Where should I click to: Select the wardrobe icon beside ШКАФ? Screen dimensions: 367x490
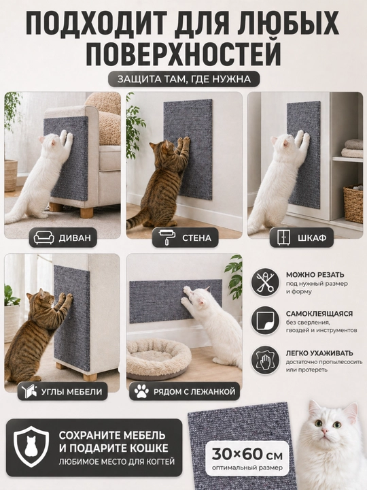[x=283, y=238]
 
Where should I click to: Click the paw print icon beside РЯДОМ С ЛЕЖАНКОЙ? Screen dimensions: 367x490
[x=141, y=391]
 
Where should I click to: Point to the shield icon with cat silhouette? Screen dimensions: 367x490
[x=31, y=447]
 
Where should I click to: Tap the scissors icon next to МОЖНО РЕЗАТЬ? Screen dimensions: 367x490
[x=265, y=282]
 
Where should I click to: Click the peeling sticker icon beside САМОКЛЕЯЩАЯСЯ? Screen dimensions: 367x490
[x=265, y=321]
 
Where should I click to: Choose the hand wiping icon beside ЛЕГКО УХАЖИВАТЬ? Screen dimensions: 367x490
[x=265, y=360]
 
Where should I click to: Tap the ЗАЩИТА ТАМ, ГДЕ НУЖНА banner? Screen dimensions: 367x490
[x=183, y=79]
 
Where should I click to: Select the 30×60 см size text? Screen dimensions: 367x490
[x=247, y=454]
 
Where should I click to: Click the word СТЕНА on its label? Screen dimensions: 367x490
[x=196, y=238]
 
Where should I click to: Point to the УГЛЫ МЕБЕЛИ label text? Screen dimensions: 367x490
[x=72, y=391]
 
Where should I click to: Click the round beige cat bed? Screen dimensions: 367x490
[x=158, y=359]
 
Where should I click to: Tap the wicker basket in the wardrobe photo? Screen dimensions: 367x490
[x=353, y=203]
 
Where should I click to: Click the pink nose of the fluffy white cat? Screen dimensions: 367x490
[x=325, y=431]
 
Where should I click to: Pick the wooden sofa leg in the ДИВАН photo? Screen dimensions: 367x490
[x=87, y=210]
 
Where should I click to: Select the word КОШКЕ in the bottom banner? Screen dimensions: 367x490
[x=148, y=448]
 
